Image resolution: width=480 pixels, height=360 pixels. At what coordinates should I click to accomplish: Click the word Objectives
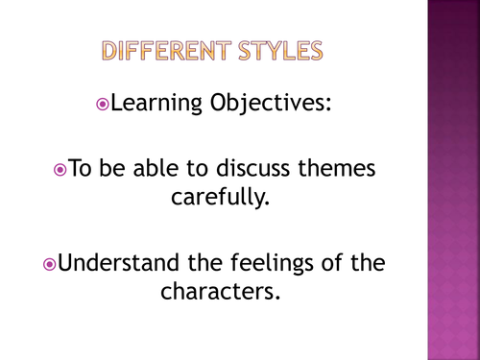coord(270,103)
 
